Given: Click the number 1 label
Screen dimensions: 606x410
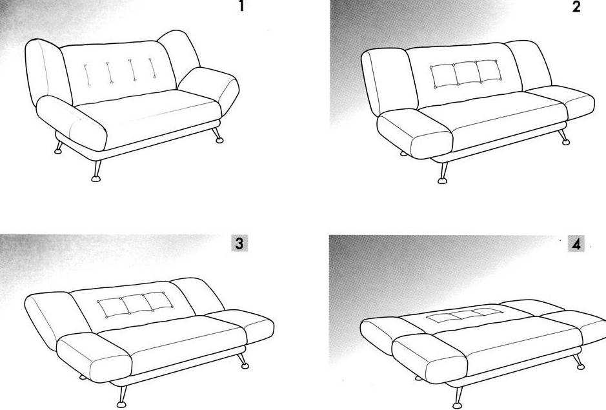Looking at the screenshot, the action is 241,6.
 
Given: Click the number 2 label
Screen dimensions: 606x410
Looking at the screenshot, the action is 576,6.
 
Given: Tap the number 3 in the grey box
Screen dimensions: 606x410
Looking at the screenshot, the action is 239,243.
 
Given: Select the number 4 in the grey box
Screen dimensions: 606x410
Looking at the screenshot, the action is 576,244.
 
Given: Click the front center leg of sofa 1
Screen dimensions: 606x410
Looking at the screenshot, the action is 96,171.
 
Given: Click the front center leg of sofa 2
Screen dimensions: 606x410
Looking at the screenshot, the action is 443,173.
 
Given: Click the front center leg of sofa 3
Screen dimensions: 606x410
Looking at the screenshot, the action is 122,396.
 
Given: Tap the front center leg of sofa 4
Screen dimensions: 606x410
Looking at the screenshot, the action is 458,398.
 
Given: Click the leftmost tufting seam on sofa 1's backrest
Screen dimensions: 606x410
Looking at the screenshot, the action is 87,75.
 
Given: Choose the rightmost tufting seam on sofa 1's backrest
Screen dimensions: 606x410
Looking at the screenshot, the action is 152,68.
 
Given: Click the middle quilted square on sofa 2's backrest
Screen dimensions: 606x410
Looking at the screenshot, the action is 467,73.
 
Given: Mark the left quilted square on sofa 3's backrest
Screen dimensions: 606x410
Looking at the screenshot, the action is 113,307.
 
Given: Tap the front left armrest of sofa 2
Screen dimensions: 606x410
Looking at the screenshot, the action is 415,134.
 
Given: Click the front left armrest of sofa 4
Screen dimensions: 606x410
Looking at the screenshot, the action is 430,358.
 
